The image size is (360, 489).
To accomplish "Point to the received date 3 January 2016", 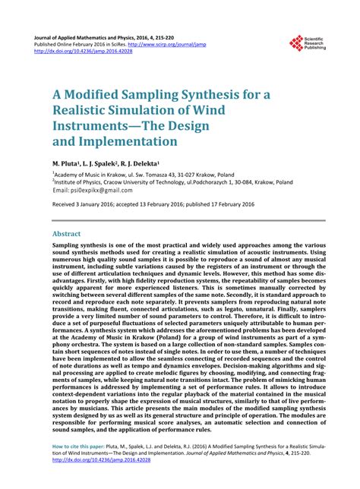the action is tap(92, 206).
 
